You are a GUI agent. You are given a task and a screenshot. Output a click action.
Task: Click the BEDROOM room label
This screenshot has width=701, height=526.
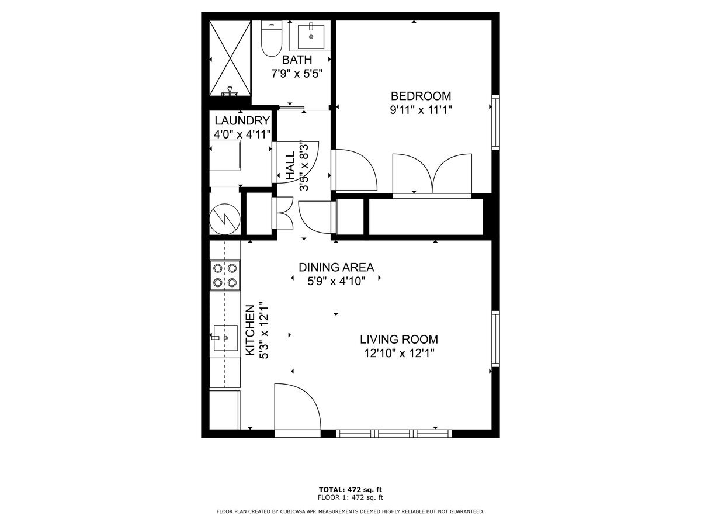pyautogui.click(x=421, y=96)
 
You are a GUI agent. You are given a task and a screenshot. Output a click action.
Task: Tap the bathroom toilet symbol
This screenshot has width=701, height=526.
pyautogui.click(x=271, y=39)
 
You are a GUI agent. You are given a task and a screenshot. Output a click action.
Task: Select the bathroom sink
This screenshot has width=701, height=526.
pyautogui.click(x=311, y=36)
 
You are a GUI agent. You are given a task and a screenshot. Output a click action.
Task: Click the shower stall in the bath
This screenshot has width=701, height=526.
pyautogui.click(x=231, y=58)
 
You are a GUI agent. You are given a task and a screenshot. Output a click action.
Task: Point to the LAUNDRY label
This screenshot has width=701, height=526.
pyautogui.click(x=242, y=121)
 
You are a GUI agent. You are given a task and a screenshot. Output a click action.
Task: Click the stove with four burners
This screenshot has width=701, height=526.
pyautogui.click(x=225, y=275)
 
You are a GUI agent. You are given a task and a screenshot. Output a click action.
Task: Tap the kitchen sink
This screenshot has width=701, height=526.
pyautogui.click(x=224, y=337)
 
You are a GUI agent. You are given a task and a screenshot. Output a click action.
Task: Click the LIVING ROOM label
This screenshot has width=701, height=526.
pyautogui.click(x=398, y=339)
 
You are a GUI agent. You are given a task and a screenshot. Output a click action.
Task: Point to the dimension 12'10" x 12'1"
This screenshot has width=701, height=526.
pyautogui.click(x=398, y=353)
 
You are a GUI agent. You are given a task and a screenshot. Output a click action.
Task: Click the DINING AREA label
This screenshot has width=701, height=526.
pyautogui.click(x=336, y=268)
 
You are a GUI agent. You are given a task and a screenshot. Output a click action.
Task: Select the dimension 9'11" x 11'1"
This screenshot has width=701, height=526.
pyautogui.click(x=421, y=110)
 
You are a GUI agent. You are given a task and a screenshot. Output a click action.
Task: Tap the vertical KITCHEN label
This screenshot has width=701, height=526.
pyautogui.click(x=250, y=330)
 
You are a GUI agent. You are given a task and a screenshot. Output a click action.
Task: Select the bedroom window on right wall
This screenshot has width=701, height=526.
pyautogui.click(x=495, y=122)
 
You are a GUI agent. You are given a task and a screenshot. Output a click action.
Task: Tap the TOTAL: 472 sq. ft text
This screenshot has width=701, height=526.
pyautogui.click(x=350, y=489)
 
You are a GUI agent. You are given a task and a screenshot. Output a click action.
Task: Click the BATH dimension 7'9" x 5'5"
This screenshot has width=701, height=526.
pyautogui.click(x=297, y=74)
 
